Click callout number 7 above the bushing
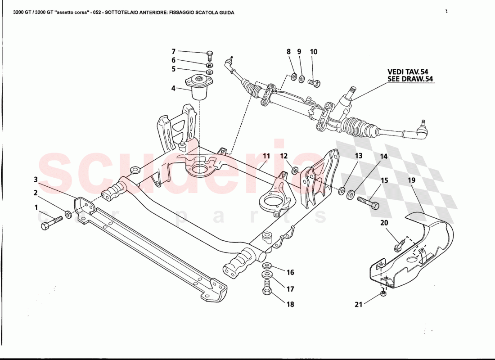tap(173, 52)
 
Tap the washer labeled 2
tap(68, 214)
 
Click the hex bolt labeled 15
tap(368, 203)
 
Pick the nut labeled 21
tap(382, 294)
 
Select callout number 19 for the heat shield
tap(412, 180)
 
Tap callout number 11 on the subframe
tap(266, 157)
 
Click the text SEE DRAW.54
tap(410, 79)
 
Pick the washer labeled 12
tap(294, 170)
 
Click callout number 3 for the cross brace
tap(36, 180)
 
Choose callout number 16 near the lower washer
tap(290, 272)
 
